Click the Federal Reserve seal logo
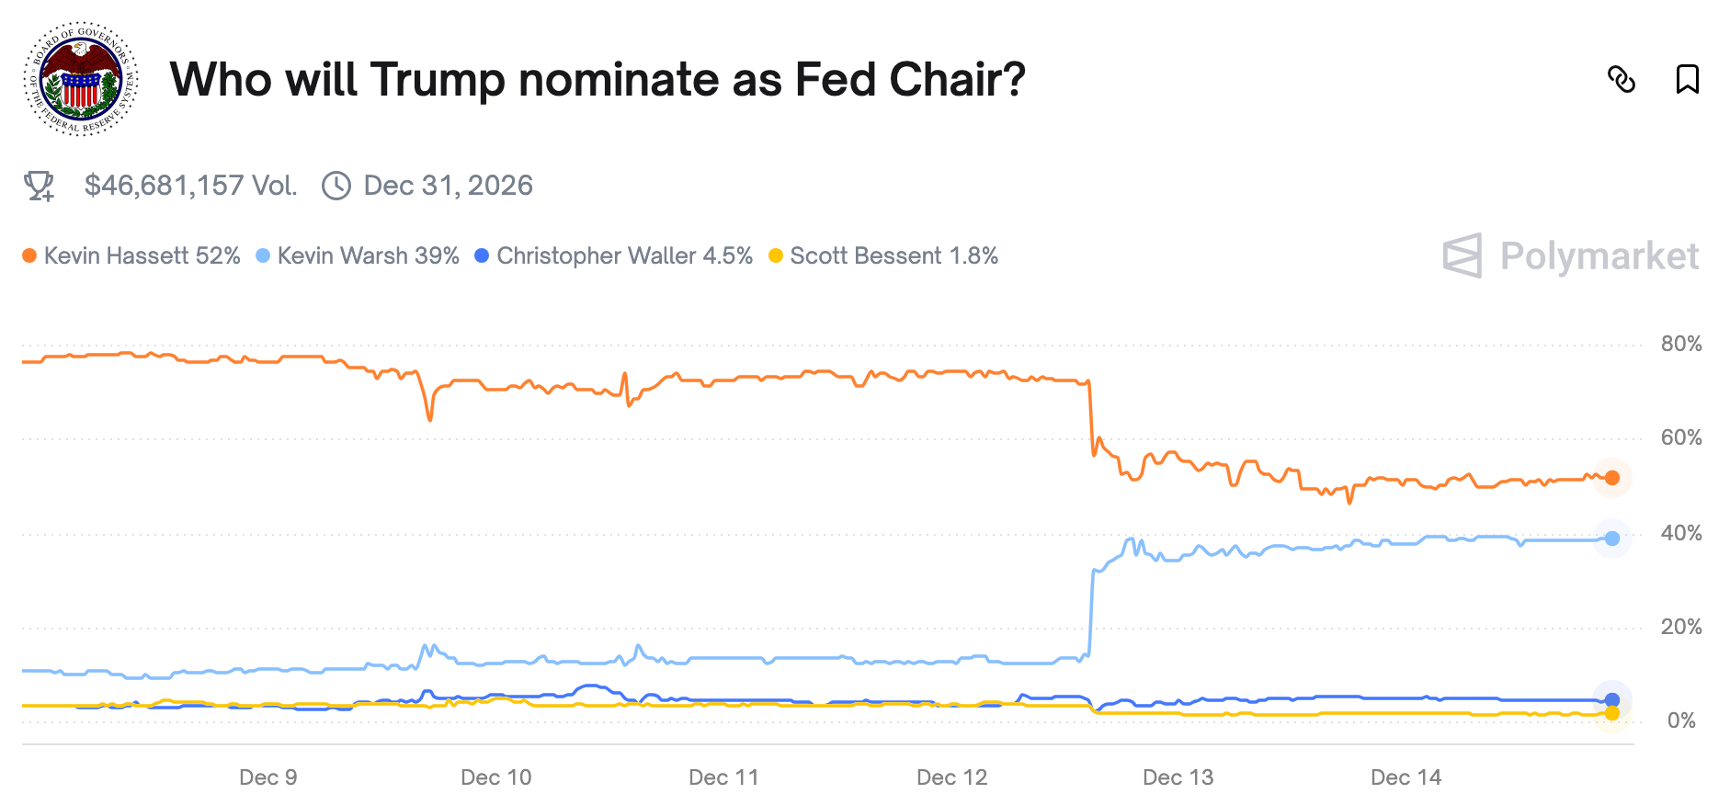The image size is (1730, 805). tap(81, 79)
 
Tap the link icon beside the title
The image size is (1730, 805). tap(1621, 80)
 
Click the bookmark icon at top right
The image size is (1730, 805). tap(1687, 80)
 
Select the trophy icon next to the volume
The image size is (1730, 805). tap(39, 186)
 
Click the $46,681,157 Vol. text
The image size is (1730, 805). tap(190, 186)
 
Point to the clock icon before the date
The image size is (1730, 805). tap(336, 186)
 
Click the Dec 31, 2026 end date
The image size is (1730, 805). tap(448, 186)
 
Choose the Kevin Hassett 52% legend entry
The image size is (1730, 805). tap(131, 255)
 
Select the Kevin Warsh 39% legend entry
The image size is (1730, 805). tap(358, 255)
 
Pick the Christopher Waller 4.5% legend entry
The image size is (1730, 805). tap(614, 255)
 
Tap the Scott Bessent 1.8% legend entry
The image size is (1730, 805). tap(883, 255)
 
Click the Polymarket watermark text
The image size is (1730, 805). tap(1599, 256)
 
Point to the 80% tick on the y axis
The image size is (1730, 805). tap(1680, 345)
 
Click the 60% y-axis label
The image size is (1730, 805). tap(1680, 438)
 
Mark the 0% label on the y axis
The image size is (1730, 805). tap(1681, 720)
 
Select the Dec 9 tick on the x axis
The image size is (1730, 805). tap(267, 777)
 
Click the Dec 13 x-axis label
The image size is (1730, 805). tap(1178, 777)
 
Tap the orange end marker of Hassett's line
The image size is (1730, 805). tap(1611, 478)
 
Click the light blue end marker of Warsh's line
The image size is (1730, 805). tap(1611, 539)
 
